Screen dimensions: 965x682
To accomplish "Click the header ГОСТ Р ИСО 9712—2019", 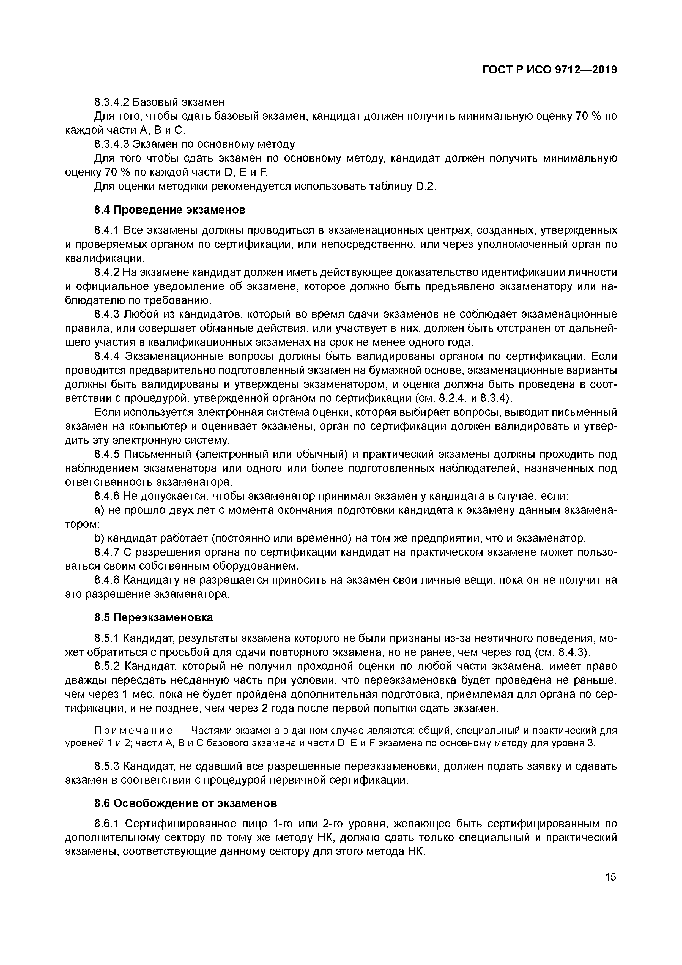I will tap(549, 70).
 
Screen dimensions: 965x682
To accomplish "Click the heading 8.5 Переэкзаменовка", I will tap(154, 617).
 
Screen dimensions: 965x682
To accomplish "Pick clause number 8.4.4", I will tap(107, 356).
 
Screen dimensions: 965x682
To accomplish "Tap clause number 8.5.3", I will tap(107, 766).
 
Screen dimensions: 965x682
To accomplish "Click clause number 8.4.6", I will tap(107, 496).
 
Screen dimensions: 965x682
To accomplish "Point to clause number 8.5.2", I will tap(107, 666).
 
